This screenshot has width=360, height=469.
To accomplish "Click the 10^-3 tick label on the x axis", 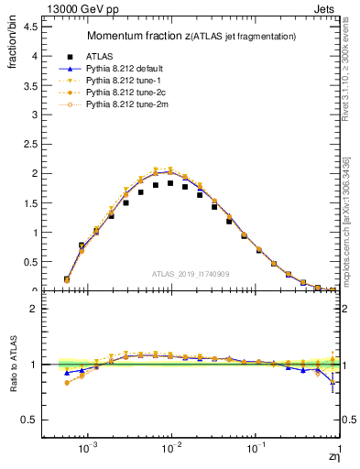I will coord(88,452).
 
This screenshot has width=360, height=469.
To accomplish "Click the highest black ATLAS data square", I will coord(169,183).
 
